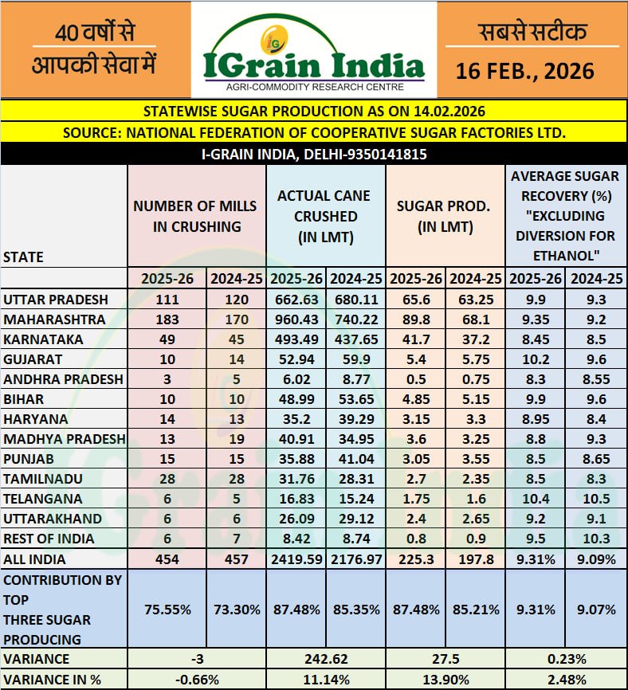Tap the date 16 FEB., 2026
[525, 70]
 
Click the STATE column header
[23, 257]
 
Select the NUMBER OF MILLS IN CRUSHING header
[195, 216]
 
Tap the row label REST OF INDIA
[49, 539]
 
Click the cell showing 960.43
[296, 319]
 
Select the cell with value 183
[167, 319]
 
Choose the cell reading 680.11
[355, 299]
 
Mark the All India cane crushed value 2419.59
[296, 559]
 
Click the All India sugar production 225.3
[415, 559]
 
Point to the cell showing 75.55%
[167, 609]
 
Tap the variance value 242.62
[326, 659]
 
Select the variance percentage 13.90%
[444, 680]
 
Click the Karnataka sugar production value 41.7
[415, 339]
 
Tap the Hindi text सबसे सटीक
[532, 32]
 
